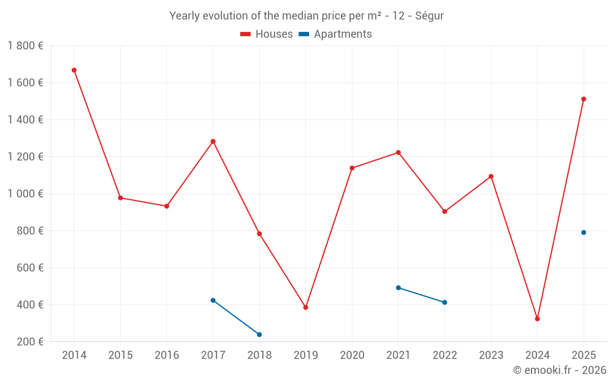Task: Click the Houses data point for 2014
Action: [74, 70]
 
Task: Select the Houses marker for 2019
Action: [306, 308]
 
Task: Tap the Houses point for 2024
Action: [537, 319]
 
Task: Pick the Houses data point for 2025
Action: [584, 99]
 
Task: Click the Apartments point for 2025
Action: [584, 232]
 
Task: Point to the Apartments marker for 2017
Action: [213, 300]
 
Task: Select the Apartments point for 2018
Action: [259, 335]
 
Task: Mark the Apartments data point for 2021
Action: [398, 287]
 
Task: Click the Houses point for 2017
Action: [213, 142]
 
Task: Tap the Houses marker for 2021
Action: [398, 153]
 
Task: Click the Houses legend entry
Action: [267, 34]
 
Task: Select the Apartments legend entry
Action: [335, 34]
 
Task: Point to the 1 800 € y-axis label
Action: [25, 46]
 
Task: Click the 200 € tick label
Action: [30, 342]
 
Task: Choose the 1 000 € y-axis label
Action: [25, 194]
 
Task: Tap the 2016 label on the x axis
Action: [167, 355]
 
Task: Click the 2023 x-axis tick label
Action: [491, 355]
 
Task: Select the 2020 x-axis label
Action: [352, 355]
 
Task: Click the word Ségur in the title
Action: [429, 16]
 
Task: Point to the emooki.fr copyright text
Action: [560, 370]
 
